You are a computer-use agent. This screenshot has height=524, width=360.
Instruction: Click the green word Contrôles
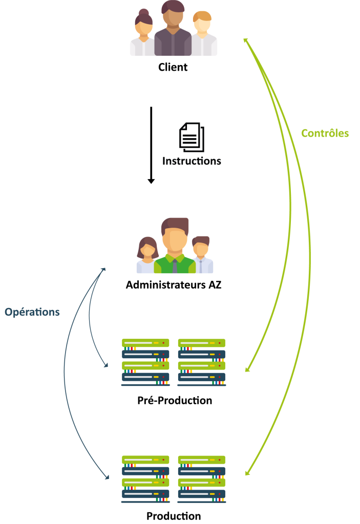(325, 134)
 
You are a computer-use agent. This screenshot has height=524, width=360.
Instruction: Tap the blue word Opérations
(32, 312)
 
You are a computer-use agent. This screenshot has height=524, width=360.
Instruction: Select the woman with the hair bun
(143, 36)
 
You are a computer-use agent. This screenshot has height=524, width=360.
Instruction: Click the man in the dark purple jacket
(173, 31)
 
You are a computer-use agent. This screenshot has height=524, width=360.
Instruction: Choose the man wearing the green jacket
(175, 248)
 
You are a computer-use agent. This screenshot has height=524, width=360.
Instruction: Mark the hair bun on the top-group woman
(144, 12)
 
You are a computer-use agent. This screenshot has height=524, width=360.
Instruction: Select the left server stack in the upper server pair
(145, 362)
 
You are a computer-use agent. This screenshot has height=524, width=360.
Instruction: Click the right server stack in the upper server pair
(202, 362)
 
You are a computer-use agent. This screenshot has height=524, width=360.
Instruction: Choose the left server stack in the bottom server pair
(145, 479)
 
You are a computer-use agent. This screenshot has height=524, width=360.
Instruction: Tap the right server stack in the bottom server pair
(202, 479)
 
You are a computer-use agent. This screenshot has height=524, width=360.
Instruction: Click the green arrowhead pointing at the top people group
(245, 40)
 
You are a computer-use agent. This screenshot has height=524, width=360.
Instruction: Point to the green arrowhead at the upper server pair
(247, 369)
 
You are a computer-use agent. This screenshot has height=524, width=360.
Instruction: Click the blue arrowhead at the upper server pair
(106, 365)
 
